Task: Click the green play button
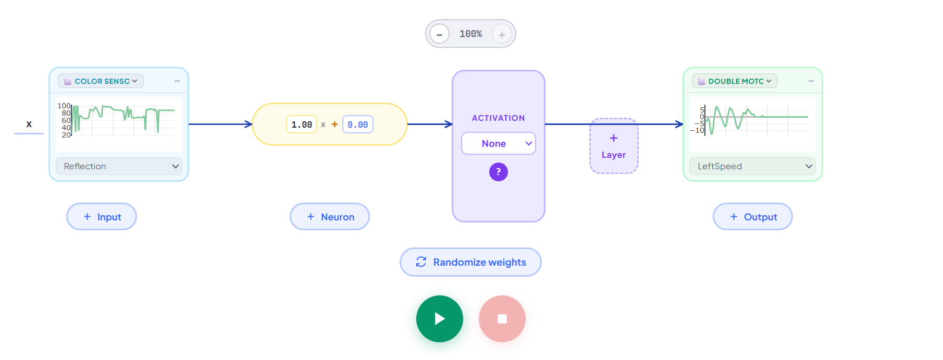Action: (439, 319)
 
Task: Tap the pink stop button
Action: (502, 319)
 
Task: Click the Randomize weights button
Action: (470, 262)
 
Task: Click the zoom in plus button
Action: (502, 34)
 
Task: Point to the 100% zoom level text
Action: (470, 34)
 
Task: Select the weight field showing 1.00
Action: (302, 125)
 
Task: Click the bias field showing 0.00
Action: (358, 125)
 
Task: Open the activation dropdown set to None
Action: (499, 143)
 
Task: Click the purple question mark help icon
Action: (499, 172)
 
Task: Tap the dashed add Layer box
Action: (614, 146)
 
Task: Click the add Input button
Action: (102, 217)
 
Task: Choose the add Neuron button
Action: (330, 217)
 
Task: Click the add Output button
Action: (753, 217)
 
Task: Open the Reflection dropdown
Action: (119, 166)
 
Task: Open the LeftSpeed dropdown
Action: (752, 166)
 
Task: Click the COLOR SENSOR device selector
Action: (101, 81)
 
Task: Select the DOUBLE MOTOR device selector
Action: (735, 81)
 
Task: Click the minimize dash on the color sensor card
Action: (177, 81)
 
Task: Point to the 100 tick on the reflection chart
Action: (64, 106)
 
